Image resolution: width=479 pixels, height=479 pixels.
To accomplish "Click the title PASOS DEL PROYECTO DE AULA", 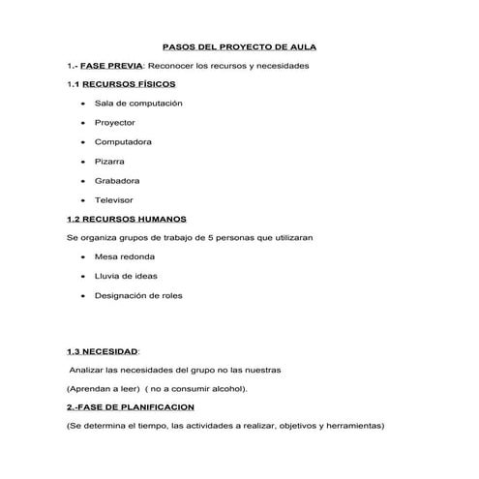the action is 238,45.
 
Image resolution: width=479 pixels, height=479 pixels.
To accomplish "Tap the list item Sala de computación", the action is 138,103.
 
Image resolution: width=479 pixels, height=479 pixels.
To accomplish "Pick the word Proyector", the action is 114,122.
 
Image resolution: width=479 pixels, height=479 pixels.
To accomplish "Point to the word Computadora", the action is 123,141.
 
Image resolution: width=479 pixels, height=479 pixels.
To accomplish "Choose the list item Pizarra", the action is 109,161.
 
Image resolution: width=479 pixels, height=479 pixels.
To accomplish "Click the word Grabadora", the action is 117,180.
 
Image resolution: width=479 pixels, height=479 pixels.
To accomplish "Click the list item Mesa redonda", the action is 124,256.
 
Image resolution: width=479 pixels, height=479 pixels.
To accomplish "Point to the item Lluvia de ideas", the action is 126,276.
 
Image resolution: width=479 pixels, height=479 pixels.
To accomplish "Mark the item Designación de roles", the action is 138,295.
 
